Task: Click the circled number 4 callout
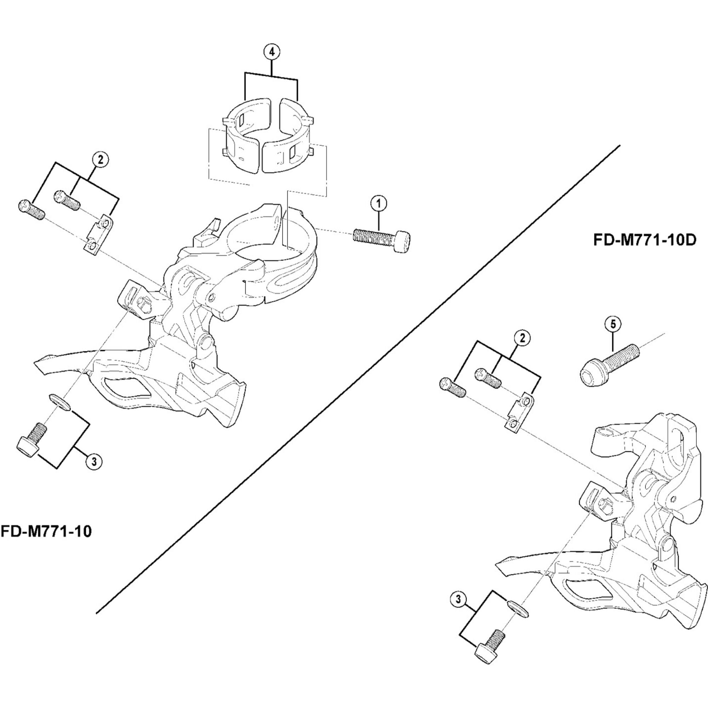(x=272, y=52)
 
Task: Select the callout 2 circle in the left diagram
(x=101, y=159)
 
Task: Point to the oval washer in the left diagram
(x=60, y=402)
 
